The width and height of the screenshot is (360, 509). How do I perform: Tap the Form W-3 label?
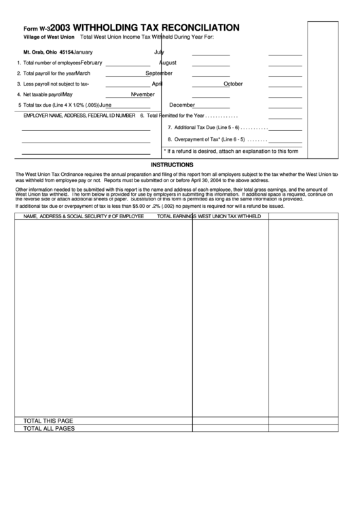click(36, 29)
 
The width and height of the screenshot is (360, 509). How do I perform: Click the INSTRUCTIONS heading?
click(172, 164)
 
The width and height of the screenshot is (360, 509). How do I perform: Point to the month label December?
click(182, 105)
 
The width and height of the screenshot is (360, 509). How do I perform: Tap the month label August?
click(167, 63)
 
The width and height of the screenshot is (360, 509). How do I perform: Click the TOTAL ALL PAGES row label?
click(49, 429)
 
